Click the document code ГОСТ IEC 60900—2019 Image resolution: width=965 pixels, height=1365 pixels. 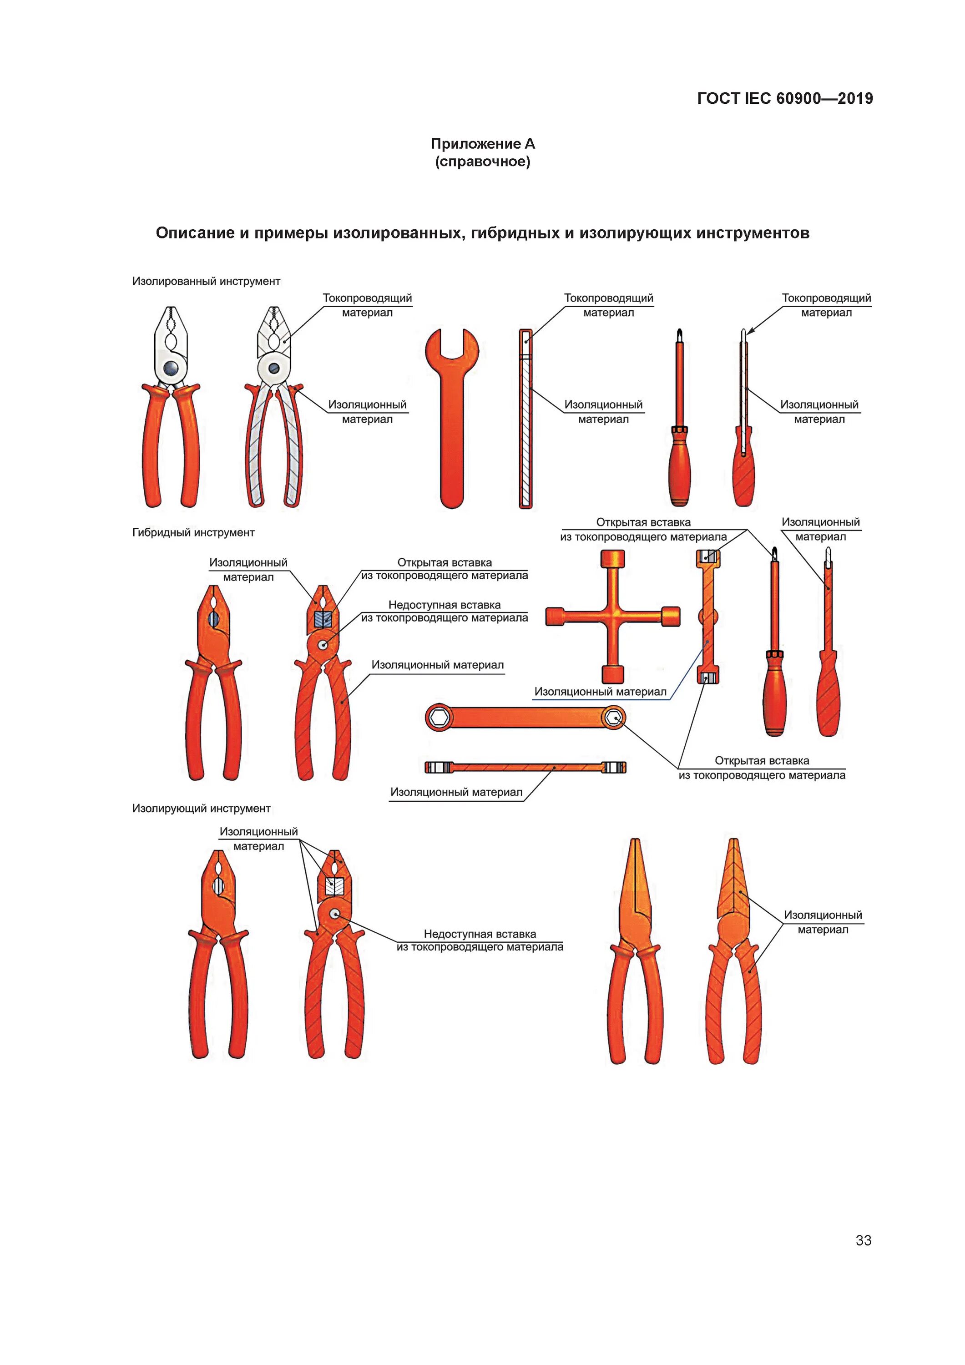coord(785,99)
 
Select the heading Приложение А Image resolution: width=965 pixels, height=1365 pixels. coord(483,144)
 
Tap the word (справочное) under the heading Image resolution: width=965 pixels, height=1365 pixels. coord(483,162)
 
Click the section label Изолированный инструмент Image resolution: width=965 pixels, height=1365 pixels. coord(206,281)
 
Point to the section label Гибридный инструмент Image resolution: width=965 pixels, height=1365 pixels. coord(193,533)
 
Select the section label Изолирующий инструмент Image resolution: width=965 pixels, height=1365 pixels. coord(201,809)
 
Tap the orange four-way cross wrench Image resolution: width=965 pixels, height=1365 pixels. coord(613,617)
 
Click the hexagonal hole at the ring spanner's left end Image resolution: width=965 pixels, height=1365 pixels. coord(440,718)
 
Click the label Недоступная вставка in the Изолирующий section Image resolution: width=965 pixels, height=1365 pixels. coord(480,934)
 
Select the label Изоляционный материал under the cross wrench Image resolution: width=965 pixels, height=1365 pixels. coord(600,692)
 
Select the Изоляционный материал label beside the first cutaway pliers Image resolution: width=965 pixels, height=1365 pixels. coord(367,411)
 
